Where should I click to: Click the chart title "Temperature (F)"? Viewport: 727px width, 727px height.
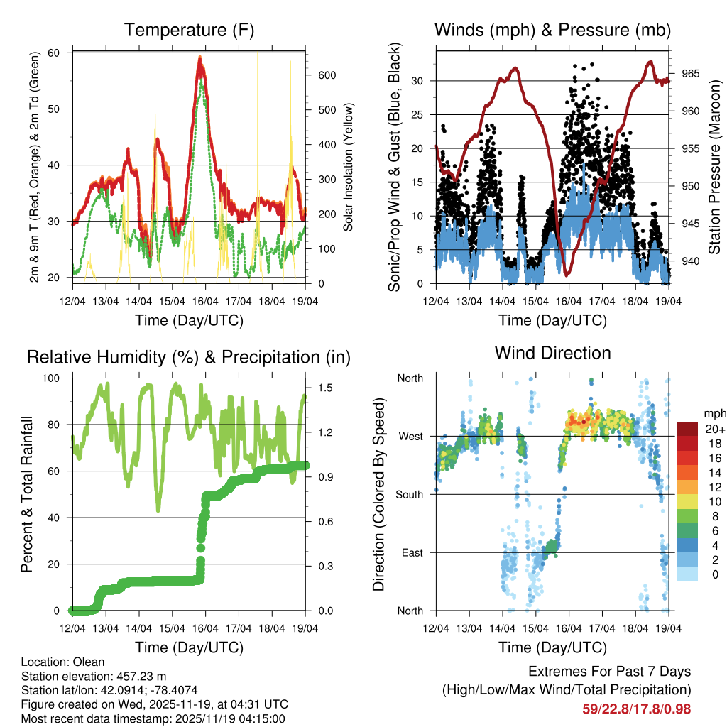[189, 31]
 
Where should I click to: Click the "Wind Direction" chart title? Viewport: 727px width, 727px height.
[552, 353]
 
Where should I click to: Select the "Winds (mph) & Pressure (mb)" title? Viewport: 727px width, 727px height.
[552, 31]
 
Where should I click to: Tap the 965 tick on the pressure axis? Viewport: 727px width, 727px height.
[689, 74]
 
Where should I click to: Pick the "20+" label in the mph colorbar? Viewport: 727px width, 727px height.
[713, 429]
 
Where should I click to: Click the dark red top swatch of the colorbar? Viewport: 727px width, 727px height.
[687, 429]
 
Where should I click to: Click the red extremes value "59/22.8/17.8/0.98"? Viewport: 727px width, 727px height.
[636, 709]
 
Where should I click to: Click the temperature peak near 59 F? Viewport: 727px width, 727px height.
[201, 58]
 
